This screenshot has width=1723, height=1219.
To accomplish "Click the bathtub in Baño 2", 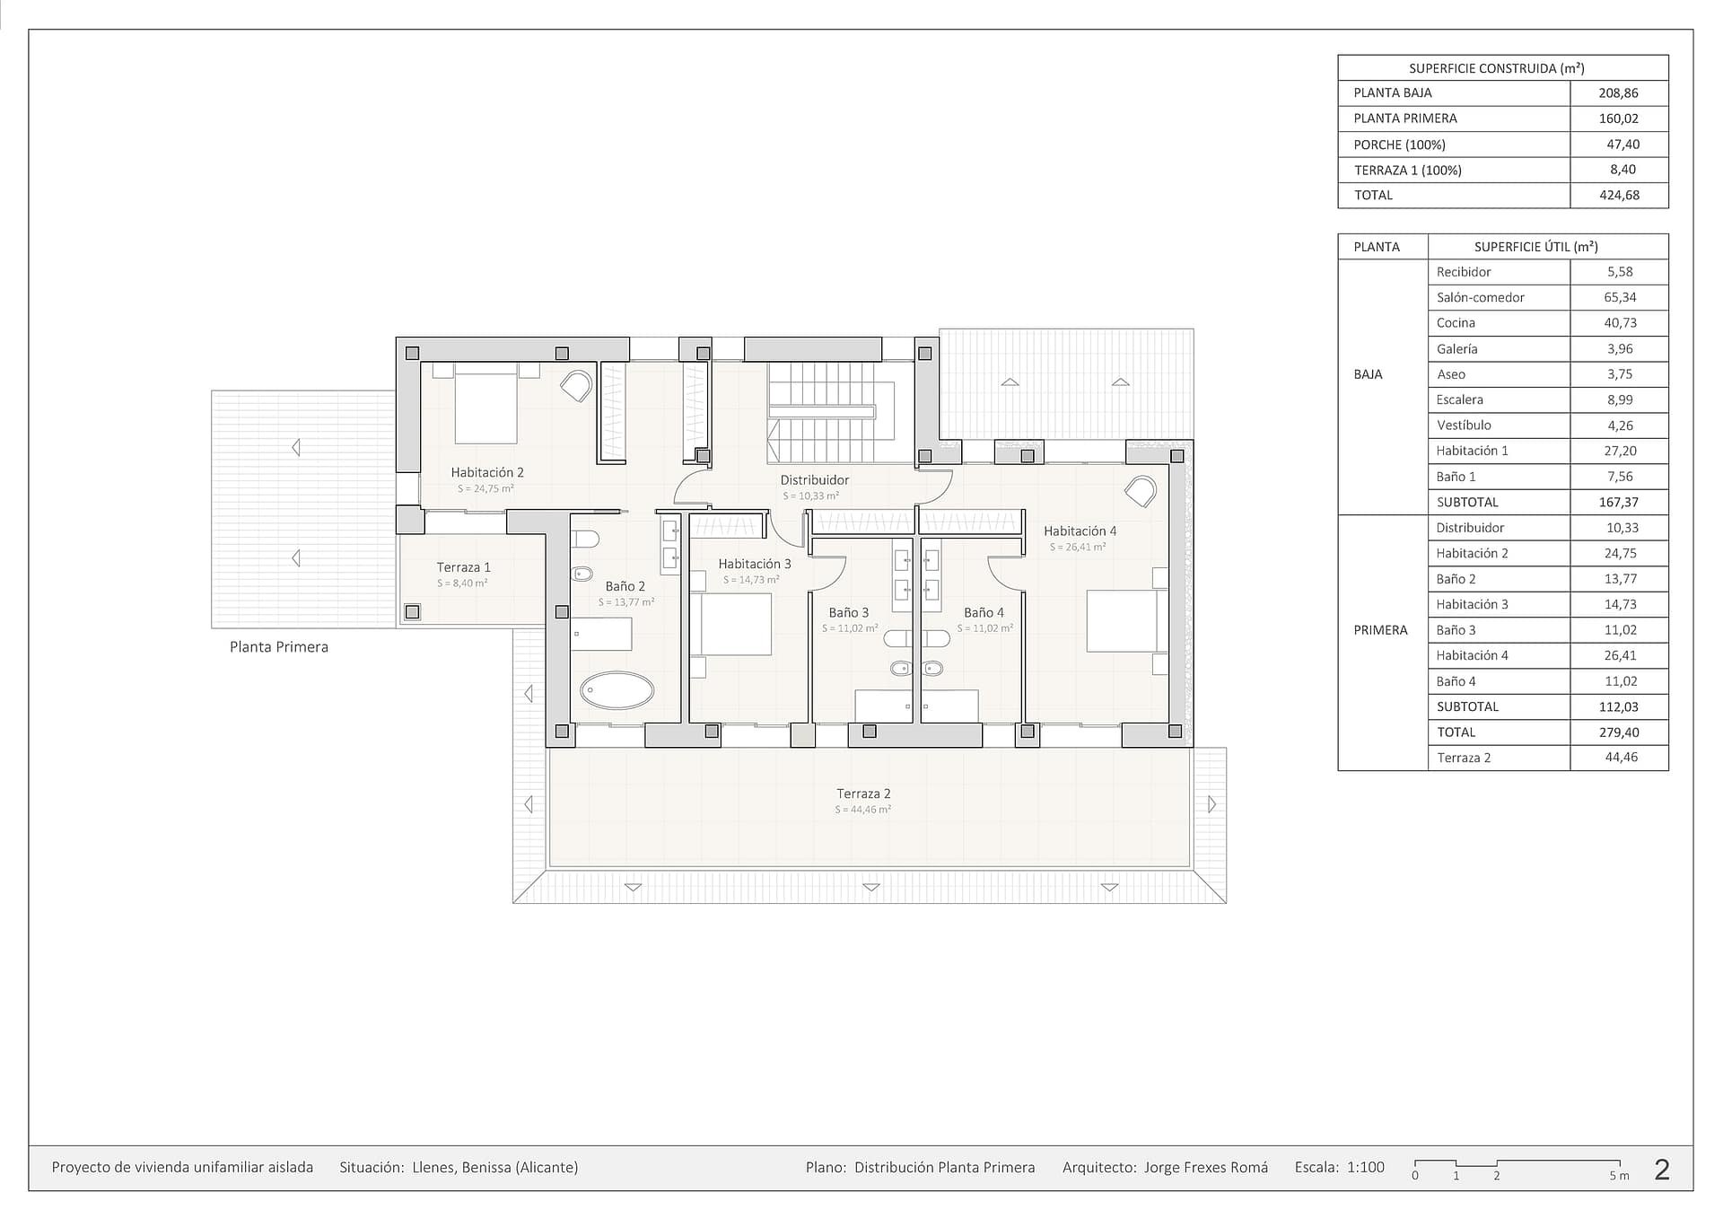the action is (617, 690).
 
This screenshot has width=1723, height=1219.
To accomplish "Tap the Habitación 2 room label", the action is (487, 472).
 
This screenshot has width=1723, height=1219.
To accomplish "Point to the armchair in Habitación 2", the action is (576, 387).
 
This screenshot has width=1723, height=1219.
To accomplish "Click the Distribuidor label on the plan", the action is (814, 479).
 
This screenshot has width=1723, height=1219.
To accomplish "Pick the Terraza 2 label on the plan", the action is (863, 794).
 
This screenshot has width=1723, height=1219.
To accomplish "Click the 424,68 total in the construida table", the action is (1619, 195).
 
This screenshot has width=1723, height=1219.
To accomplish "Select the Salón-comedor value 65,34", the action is (1620, 297).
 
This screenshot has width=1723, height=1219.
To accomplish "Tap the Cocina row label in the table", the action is (1456, 323).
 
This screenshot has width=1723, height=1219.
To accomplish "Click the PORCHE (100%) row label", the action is (1399, 145).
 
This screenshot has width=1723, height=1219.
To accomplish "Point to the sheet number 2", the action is (1662, 1169).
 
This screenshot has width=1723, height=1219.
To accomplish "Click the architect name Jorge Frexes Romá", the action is (1206, 1167).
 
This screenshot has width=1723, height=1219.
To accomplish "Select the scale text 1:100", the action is (1366, 1167).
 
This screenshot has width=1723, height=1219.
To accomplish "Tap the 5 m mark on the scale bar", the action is (1619, 1175).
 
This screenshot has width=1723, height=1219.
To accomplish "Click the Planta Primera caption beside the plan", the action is (279, 647).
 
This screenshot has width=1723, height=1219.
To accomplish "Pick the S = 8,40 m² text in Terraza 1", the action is (462, 583).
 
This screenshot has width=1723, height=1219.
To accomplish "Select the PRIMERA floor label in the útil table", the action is (1380, 630).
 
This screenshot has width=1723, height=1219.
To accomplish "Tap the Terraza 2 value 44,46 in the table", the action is (1621, 758).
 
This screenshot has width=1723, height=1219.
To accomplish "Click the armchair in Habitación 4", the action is (1141, 492).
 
